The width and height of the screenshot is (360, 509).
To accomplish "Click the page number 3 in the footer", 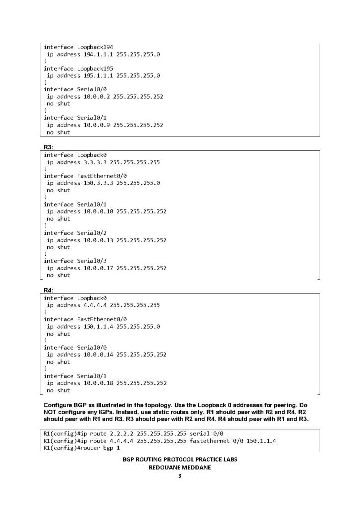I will (180, 476).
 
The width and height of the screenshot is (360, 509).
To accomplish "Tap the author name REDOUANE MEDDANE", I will (180, 468).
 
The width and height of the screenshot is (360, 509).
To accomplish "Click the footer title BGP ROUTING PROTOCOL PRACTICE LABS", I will (180, 460).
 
